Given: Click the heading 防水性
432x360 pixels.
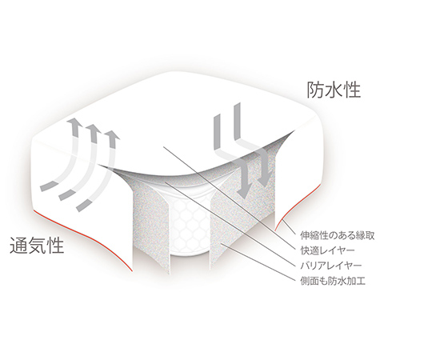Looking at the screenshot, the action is point(334,90).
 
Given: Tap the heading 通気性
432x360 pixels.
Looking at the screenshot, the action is point(37,246).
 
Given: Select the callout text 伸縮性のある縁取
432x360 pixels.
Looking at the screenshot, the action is point(338,236).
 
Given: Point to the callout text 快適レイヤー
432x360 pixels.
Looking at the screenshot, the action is point(327,250).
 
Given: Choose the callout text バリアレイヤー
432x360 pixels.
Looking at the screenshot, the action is point(330,266).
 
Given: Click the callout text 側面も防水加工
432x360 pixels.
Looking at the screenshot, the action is point(333,281).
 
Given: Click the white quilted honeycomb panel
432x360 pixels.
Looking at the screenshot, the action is point(190,225).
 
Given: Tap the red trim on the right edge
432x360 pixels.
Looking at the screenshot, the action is point(300,202).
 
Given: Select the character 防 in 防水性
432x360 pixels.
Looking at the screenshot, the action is point(315,90).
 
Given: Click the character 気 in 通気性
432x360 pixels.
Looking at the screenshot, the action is point(37,246).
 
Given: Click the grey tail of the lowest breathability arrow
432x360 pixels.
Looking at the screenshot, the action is point(83,205).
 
